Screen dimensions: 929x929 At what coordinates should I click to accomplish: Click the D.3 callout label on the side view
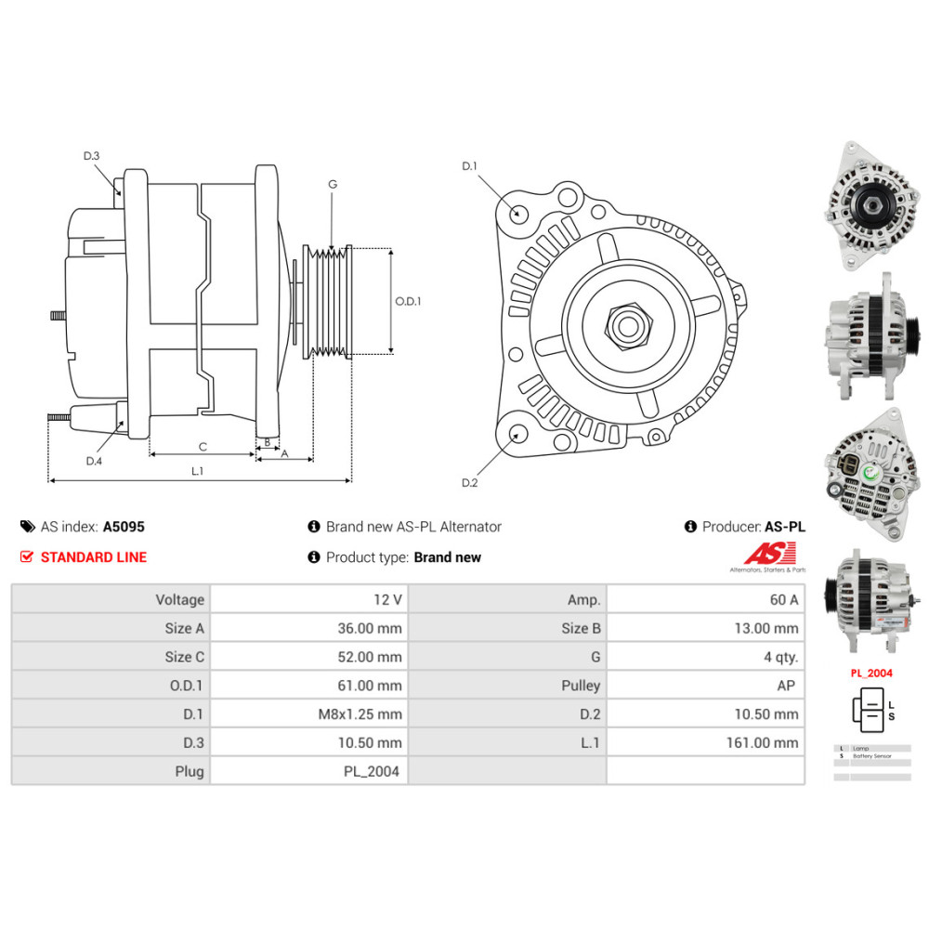coord(91,156)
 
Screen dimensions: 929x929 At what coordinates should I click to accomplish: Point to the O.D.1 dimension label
coord(408,301)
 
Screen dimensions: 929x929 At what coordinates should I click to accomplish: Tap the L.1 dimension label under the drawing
coord(197,471)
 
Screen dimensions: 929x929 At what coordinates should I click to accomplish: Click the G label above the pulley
coord(332,184)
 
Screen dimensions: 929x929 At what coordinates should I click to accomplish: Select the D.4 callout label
coord(94,461)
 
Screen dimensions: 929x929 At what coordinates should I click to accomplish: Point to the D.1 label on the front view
coord(469,166)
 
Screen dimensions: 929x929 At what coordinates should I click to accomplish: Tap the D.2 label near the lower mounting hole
coord(469,482)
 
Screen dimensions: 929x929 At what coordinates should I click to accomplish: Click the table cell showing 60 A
coord(705,600)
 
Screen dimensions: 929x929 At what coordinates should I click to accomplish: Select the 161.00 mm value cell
coord(705,742)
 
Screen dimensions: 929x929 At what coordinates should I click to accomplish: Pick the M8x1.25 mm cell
coord(309,714)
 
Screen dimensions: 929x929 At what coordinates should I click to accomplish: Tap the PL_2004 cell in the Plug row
coord(309,771)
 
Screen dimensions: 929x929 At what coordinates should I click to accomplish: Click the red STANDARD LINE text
coord(93,557)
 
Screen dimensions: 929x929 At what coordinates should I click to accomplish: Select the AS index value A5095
coord(124,527)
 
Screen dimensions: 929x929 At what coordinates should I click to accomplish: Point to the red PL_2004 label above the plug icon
coord(871,673)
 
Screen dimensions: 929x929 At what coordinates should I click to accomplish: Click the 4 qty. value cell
coord(705,657)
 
